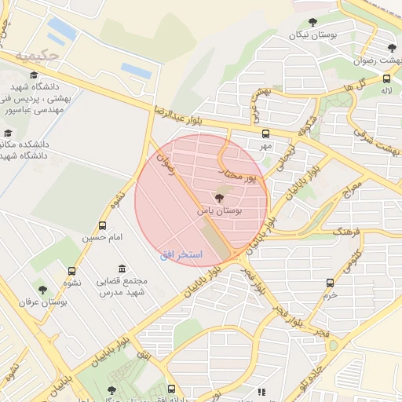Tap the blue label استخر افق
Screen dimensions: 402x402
[181, 254]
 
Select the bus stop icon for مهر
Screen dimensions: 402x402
[265, 133]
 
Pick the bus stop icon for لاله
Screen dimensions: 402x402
[386, 79]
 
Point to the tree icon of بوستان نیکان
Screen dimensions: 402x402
[312, 22]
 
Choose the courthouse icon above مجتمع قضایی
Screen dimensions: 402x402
[121, 269]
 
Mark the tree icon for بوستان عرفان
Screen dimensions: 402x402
[43, 289]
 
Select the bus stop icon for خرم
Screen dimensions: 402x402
[330, 283]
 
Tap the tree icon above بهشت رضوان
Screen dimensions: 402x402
[392, 49]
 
